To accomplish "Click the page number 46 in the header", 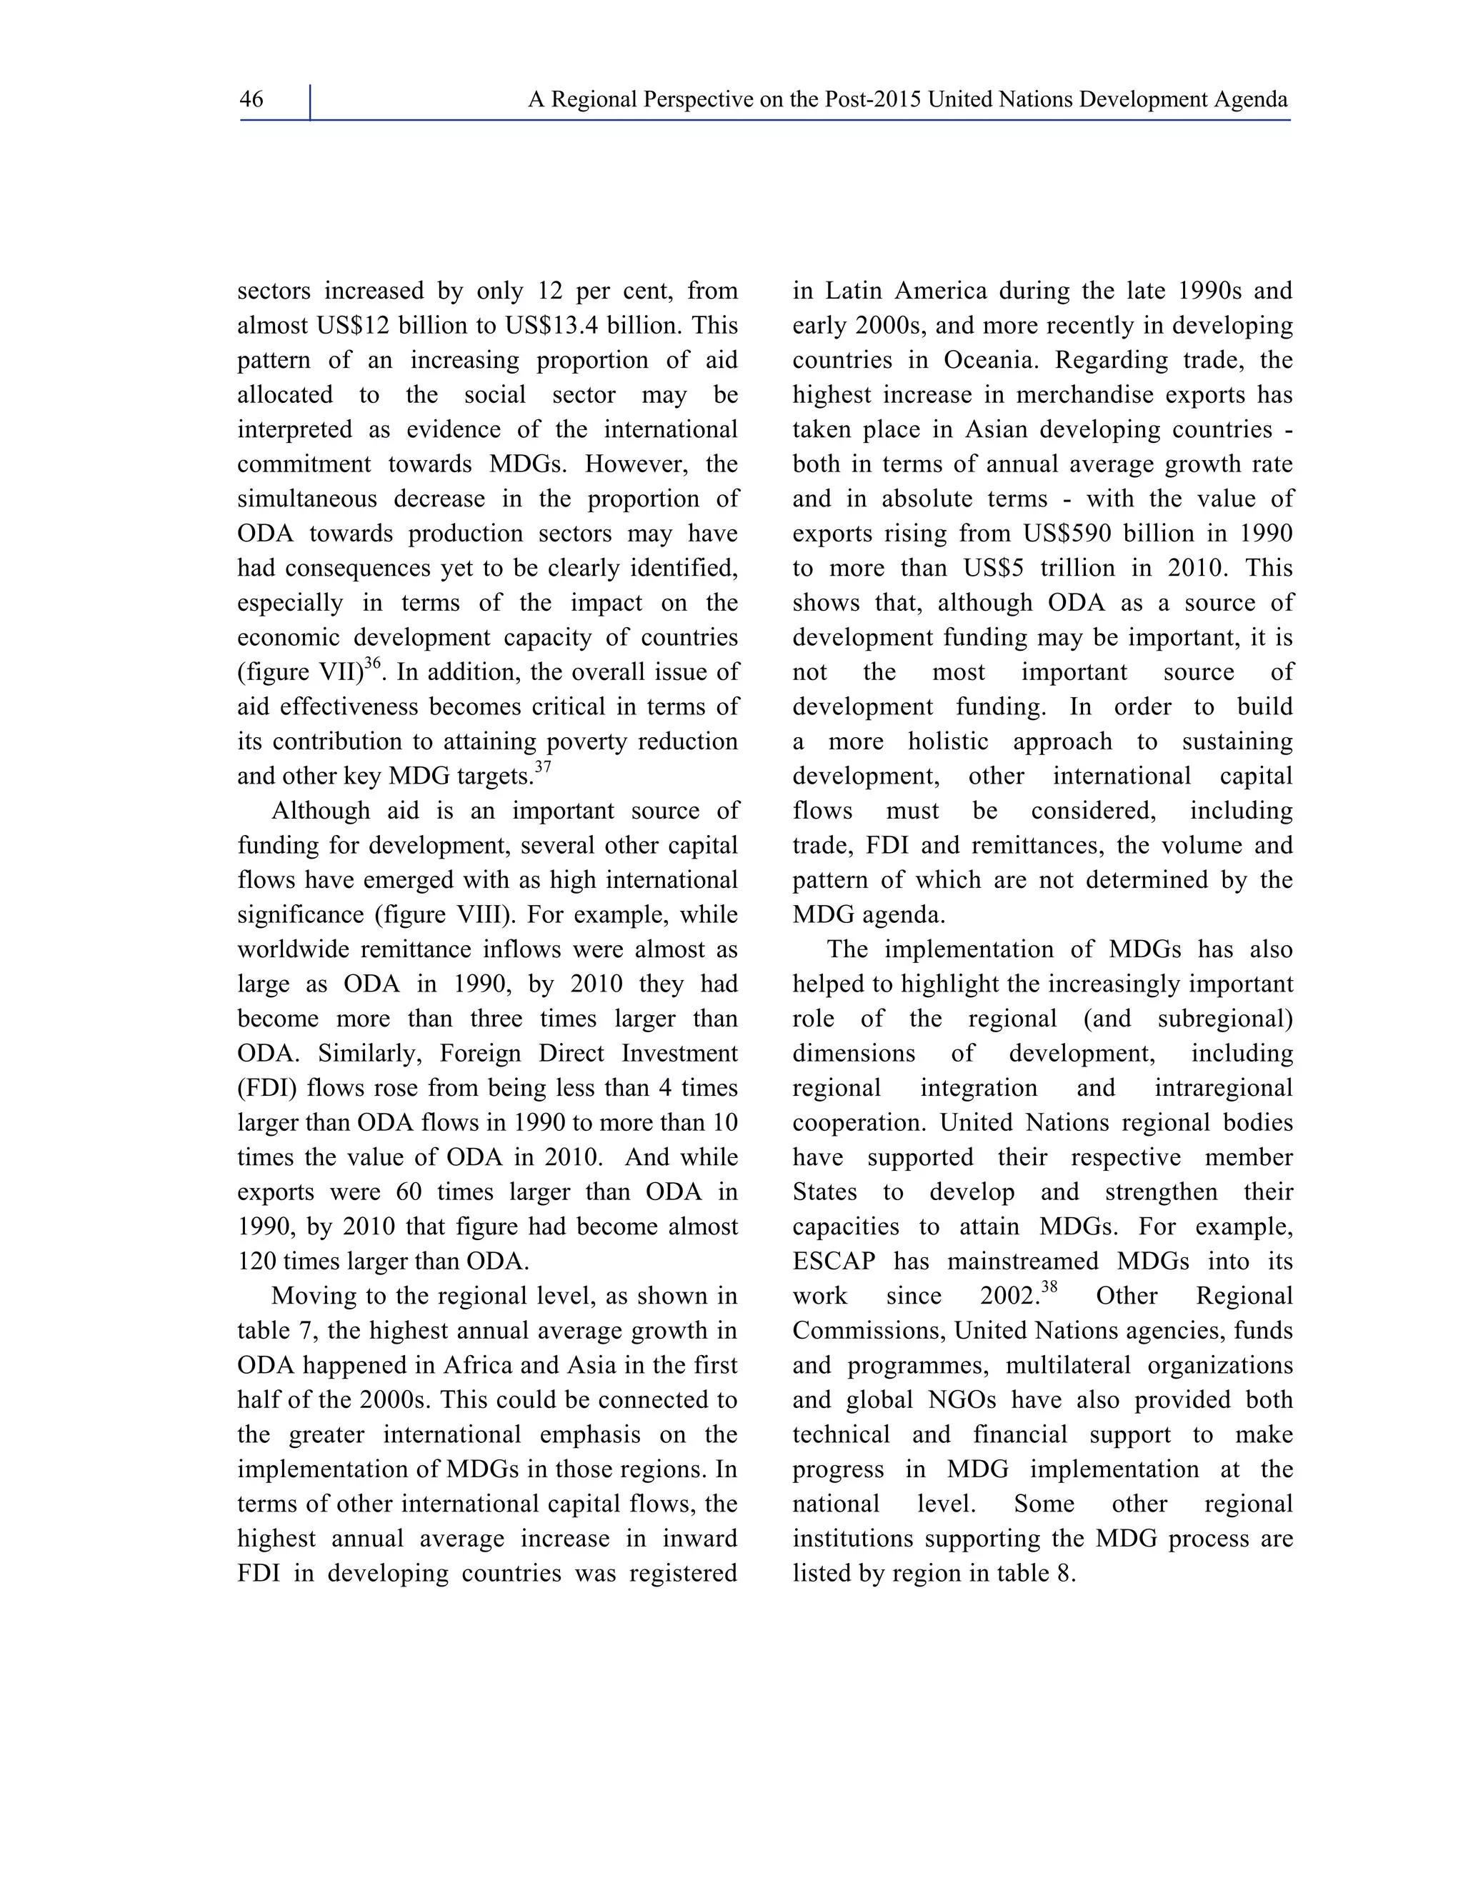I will pos(251,100).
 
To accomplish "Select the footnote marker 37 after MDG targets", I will pos(543,767).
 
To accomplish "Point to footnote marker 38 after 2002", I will pos(1049,1287).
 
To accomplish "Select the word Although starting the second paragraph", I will pos(321,811).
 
